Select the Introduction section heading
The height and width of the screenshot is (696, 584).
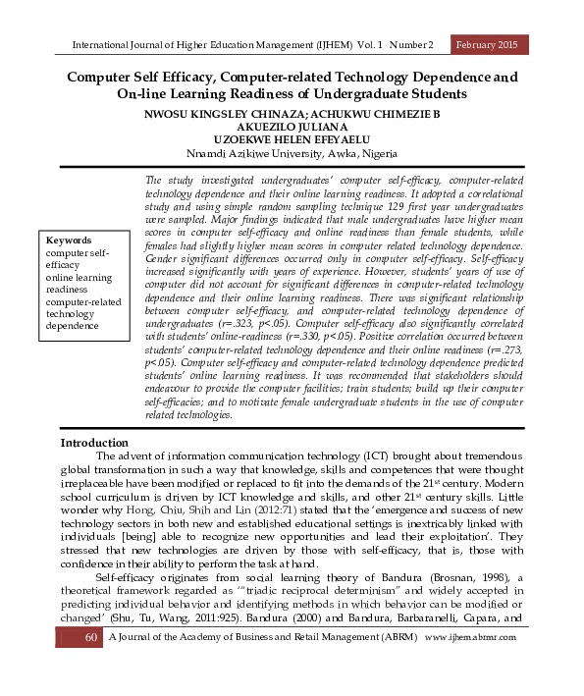pos(94,443)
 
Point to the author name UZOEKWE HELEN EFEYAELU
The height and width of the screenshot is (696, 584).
pos(291,140)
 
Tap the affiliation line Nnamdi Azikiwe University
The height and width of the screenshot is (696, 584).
pos(291,154)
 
